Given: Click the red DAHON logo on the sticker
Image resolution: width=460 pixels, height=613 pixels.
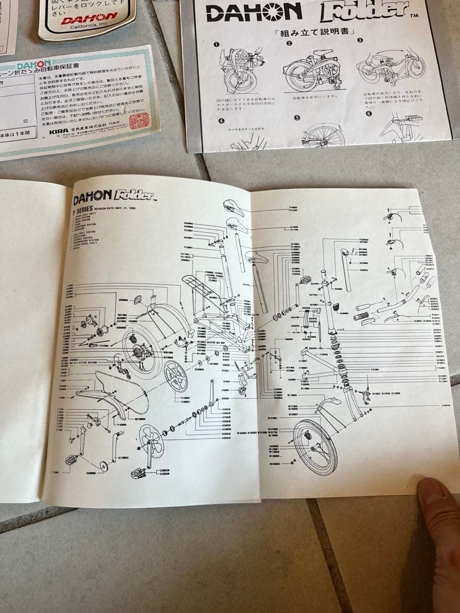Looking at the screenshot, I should (90, 19).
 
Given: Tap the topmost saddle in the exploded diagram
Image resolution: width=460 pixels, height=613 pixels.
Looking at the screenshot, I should (233, 208).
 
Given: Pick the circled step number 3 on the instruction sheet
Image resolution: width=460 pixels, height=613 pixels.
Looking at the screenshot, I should (359, 40).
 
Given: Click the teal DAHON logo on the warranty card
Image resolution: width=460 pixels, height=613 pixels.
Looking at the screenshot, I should (34, 66).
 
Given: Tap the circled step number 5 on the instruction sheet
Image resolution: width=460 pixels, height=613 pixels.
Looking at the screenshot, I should (296, 118).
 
